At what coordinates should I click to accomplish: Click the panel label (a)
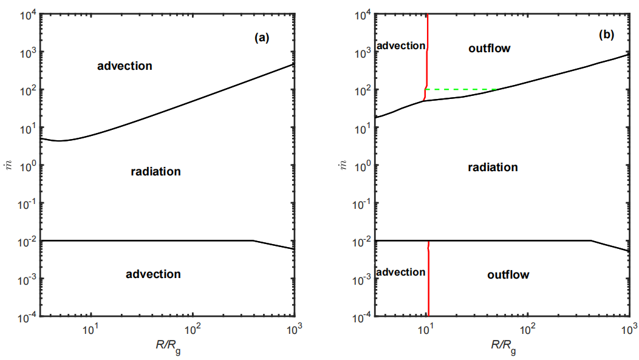pos(262,38)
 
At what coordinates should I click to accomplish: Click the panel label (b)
pos(606,35)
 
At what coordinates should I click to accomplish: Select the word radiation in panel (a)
pos(156,172)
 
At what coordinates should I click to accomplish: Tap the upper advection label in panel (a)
pos(125,66)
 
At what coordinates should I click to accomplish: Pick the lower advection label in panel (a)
pos(153,274)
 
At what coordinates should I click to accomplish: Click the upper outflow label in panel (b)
pos(490,48)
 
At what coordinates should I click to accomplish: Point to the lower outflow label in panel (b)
pos(508,275)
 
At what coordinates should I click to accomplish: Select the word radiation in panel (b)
pos(493,167)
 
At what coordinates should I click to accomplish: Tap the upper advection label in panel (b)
pos(401,46)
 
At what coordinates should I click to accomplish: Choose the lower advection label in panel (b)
pos(401,272)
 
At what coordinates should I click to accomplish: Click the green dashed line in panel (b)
pos(462,89)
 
